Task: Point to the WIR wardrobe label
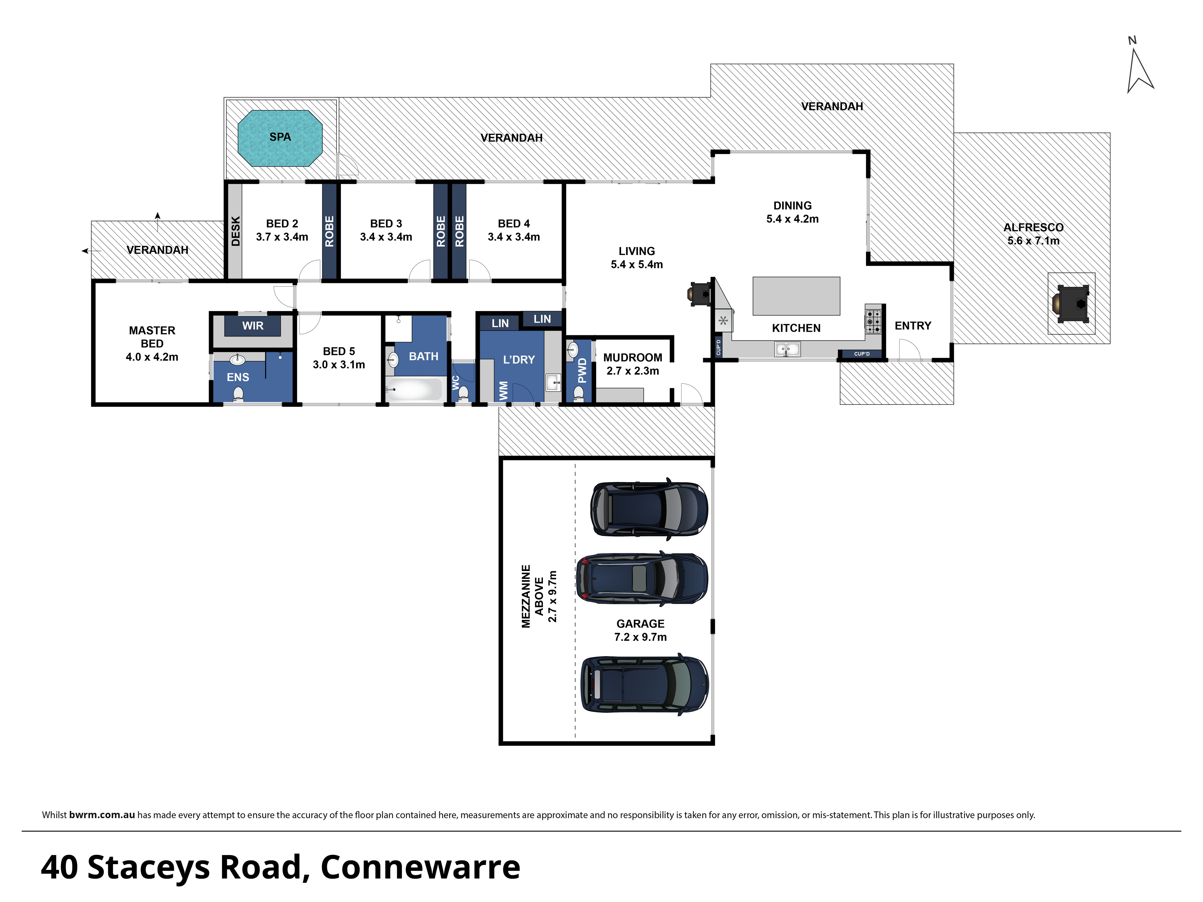[x=253, y=326]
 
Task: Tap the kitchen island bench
[x=796, y=296]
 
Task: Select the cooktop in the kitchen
[x=873, y=321]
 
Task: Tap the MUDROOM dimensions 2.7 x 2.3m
[x=633, y=371]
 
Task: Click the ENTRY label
[x=913, y=326]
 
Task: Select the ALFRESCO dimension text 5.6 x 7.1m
[x=1033, y=241]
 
